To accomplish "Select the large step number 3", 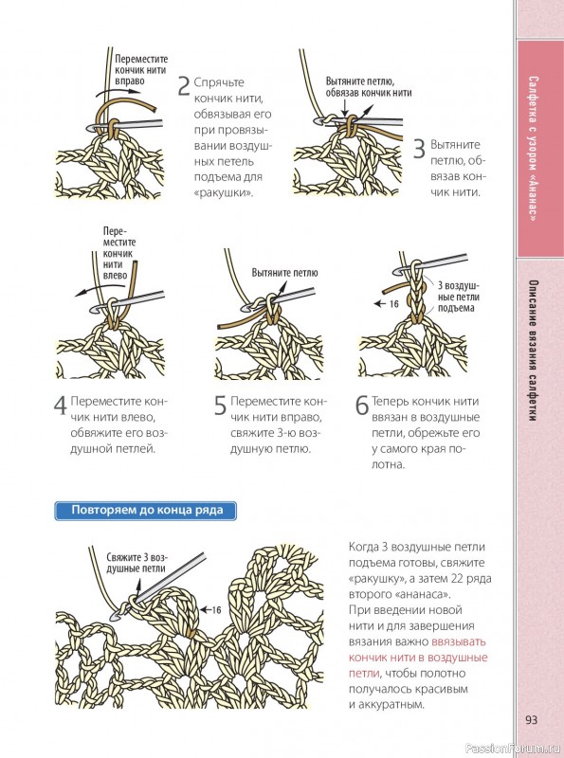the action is [419, 149].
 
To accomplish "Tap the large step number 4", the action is [61, 406].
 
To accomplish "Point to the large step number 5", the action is [220, 406].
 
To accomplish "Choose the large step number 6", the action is [362, 406].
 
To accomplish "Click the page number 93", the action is [531, 720].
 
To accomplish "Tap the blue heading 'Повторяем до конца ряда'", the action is [146, 511].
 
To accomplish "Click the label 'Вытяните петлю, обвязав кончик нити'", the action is [368, 87].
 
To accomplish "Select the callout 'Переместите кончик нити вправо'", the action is [141, 70].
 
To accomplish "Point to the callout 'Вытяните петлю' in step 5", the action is [285, 273].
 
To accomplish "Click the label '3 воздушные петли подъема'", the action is [458, 297].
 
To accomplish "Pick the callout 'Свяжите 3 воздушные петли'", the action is [136, 563].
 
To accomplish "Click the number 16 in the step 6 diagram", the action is [393, 303].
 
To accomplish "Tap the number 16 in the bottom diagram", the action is [216, 610].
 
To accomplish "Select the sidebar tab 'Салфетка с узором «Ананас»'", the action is [533, 149].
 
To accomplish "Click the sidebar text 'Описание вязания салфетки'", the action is [533, 351].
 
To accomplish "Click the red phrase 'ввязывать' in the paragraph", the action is [459, 642].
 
